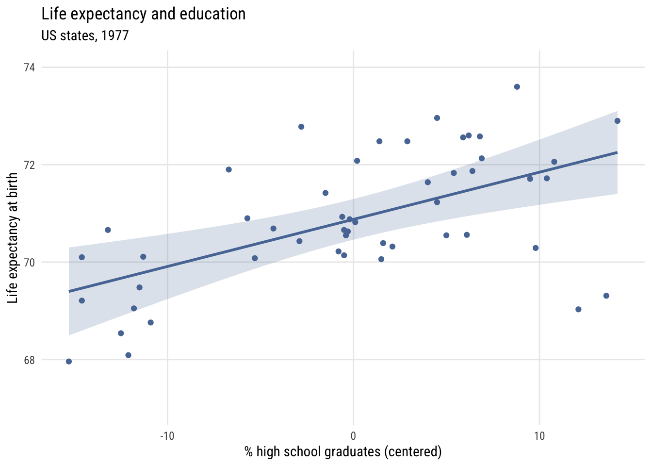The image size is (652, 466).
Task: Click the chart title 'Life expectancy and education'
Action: point(144,14)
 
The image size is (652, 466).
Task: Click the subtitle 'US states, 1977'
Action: point(85,36)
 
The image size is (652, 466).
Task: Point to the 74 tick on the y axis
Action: point(30,67)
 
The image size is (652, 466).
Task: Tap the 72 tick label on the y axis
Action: point(30,165)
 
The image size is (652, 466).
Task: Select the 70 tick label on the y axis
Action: point(30,262)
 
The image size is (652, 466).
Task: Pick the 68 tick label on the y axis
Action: point(30,360)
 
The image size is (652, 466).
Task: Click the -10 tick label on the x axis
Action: point(167,436)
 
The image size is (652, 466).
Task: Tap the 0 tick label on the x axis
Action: point(353,436)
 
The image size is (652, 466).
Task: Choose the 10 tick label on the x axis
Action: point(539,436)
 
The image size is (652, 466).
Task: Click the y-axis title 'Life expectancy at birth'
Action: point(13,238)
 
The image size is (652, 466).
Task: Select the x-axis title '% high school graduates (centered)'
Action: point(343,452)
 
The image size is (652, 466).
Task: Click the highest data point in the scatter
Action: point(517,87)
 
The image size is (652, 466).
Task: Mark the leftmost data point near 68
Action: point(69,361)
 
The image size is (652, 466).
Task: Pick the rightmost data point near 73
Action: point(617,121)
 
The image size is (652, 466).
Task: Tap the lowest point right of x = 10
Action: point(578,309)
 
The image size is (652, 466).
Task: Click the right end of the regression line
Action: point(617,152)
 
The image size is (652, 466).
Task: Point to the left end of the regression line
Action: point(69,291)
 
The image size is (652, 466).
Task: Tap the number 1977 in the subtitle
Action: point(115,36)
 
